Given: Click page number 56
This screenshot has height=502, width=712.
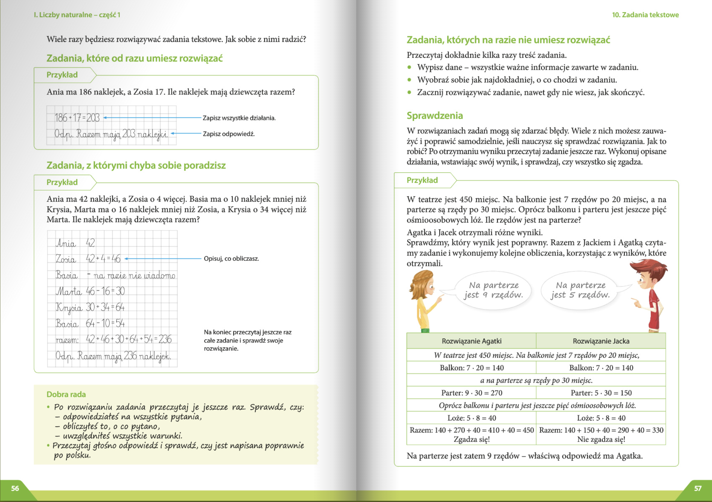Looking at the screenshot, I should (15, 488).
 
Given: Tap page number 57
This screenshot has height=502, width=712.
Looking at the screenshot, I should (697, 488).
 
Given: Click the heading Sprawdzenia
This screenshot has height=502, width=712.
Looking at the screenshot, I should (434, 116).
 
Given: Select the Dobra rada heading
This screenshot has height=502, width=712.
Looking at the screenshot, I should (66, 394).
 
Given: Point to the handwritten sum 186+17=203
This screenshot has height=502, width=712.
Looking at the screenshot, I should (77, 118).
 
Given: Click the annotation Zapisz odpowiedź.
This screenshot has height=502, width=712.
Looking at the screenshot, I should (229, 134).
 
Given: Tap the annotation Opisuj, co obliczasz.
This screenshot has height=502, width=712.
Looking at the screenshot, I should (231, 258).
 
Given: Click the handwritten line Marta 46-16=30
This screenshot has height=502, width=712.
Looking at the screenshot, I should (90, 291).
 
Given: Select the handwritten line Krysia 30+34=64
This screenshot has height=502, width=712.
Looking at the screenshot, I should (90, 307).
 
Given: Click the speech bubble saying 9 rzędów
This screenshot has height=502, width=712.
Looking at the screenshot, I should (493, 290).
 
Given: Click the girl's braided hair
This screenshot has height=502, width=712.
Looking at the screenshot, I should (420, 282).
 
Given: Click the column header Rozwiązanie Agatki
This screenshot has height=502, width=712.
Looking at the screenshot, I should (471, 341).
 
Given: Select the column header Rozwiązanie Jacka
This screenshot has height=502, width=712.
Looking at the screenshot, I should (601, 341).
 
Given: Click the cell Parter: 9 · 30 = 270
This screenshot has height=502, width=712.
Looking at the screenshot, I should (471, 393).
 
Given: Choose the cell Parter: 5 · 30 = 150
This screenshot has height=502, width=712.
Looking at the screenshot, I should (601, 393).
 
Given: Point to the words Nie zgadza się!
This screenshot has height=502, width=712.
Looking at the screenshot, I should (601, 439).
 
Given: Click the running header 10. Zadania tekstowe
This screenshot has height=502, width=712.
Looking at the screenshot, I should (645, 15).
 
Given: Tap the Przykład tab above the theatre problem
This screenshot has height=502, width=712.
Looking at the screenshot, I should (422, 180).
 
